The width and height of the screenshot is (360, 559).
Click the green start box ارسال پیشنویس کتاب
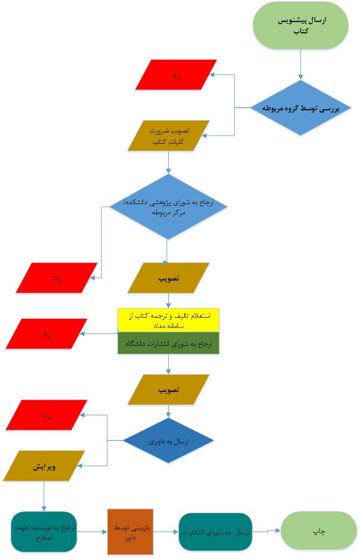[x=301, y=26]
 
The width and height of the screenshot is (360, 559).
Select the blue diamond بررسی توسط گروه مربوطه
[x=301, y=108]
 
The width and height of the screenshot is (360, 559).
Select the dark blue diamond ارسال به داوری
[x=168, y=441]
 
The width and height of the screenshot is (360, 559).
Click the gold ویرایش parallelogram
[x=44, y=466]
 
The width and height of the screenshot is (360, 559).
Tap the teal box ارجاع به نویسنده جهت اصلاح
[x=44, y=532]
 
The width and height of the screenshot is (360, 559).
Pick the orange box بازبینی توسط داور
[x=130, y=532]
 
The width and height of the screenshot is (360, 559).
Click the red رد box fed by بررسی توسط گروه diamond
[x=176, y=74]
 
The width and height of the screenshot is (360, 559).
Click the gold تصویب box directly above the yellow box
[x=168, y=278]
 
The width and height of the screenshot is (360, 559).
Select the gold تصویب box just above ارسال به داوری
[x=168, y=389]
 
